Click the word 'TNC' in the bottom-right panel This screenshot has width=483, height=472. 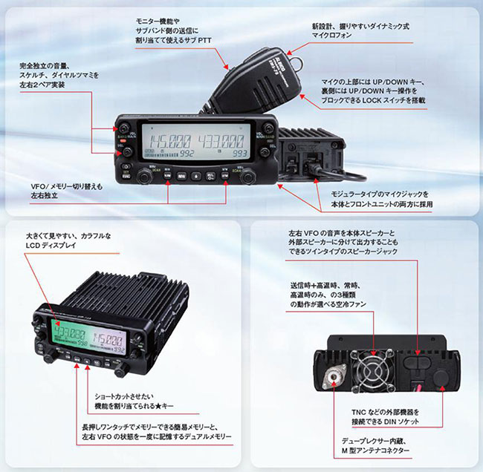coord(359,410)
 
